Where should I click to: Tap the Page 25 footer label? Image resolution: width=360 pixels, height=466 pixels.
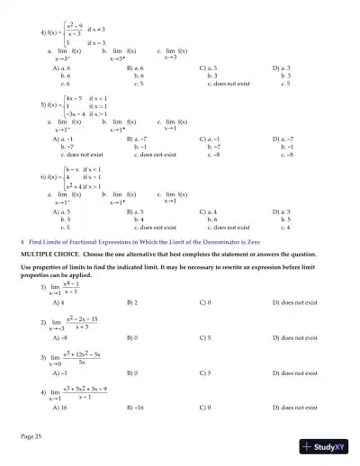pyautogui.click(x=33, y=436)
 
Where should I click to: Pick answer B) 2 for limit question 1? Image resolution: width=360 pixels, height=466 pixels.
pyautogui.click(x=134, y=302)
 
